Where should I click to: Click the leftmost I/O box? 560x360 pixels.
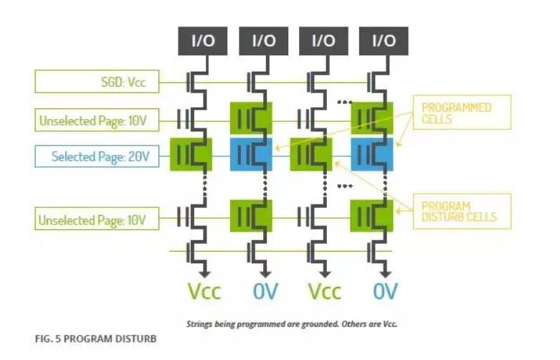click(204, 41)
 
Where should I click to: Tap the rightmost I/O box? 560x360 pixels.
click(384, 41)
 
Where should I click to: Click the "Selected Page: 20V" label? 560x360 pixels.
click(96, 156)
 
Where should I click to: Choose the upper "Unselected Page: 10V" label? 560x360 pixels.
click(96, 120)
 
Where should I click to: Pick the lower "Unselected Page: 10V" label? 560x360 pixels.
click(96, 219)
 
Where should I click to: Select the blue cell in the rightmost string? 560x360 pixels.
click(371, 155)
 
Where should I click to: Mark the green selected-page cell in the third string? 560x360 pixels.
click(310, 155)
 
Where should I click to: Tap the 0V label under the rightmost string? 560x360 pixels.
click(385, 292)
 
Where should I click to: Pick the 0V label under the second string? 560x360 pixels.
click(265, 292)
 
